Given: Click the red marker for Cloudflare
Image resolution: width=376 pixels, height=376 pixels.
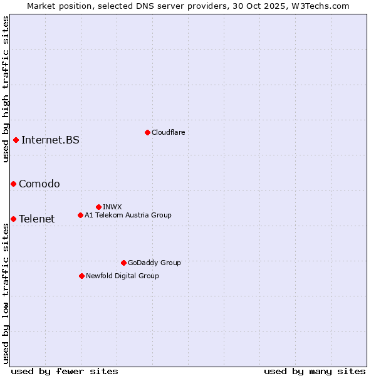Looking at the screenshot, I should coord(147,132).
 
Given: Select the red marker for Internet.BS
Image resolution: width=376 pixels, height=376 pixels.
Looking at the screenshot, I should coord(16,140).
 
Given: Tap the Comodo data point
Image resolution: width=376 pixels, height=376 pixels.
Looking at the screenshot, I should coord(13,184).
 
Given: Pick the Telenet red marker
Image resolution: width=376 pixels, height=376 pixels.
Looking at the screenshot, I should coord(13,219).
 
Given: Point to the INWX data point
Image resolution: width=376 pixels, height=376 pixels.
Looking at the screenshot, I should coord(98,207).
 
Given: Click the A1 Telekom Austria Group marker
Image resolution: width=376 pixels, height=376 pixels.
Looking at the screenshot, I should coord(80,215).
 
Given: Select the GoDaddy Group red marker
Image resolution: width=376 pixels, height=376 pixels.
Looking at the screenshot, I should coord(123,263).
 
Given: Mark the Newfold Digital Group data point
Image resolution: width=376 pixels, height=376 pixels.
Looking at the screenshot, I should coord(81,276).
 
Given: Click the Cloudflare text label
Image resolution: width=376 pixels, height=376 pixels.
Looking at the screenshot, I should coord(169,132).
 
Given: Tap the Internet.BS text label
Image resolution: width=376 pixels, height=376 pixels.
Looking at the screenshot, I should coord(50,140).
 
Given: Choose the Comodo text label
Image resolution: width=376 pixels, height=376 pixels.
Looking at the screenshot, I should coord(39,184).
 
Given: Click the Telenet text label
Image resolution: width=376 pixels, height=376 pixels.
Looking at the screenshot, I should coord(37,219).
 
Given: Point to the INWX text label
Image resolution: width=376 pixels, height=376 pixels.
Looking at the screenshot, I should coord(112,207).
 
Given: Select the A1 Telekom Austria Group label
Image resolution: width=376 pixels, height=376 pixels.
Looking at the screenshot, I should coord(128,215).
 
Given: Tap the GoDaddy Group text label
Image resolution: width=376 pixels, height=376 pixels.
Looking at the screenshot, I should coord(154,263).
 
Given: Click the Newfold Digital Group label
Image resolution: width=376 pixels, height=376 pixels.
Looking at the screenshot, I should coord(122,276).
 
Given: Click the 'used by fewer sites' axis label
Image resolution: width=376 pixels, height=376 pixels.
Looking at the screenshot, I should coord(65,371).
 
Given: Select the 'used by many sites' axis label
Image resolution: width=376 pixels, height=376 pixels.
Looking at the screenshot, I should coord(315,371).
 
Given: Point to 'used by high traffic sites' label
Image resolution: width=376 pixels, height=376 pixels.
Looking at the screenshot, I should coord(6,89).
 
